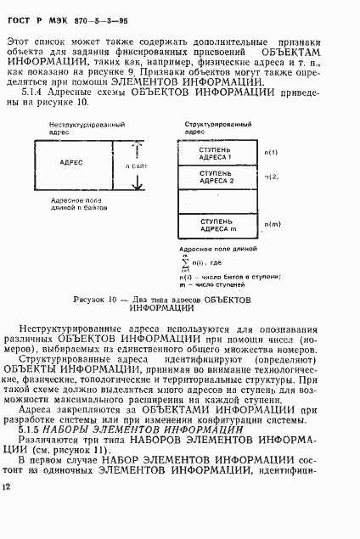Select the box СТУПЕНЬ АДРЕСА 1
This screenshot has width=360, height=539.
point(214,154)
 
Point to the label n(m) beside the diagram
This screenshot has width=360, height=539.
point(272,224)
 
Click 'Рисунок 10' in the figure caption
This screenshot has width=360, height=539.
point(100,300)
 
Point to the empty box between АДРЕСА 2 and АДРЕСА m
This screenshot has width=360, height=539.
point(214,202)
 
